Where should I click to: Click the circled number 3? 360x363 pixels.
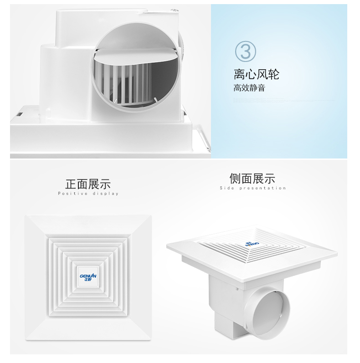click(245, 52)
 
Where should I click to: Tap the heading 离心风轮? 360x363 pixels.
click(257, 74)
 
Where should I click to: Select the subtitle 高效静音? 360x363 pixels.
click(249, 88)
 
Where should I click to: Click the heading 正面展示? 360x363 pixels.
click(88, 184)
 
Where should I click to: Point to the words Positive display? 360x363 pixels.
click(88, 194)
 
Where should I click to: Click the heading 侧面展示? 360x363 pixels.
click(252, 179)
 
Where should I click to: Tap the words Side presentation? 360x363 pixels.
click(253, 188)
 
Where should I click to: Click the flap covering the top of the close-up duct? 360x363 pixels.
click(136, 57)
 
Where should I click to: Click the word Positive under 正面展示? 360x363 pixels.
click(72, 194)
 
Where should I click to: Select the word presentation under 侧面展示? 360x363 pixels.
click(262, 188)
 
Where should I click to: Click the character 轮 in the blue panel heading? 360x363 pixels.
click(273, 74)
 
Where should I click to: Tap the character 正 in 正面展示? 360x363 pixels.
click(71, 184)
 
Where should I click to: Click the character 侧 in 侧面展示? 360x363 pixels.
click(235, 179)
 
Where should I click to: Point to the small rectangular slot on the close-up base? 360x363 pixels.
click(20, 114)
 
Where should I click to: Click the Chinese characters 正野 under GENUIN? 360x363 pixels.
click(88, 280)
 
